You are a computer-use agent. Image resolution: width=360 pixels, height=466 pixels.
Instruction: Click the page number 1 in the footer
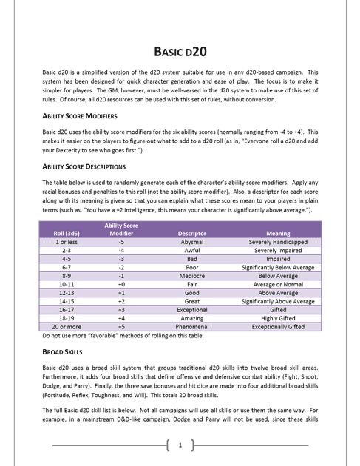coord(180,445)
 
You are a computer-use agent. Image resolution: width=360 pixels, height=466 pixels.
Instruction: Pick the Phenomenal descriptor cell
coord(192,326)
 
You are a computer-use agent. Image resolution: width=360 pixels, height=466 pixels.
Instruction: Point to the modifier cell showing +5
coord(121,326)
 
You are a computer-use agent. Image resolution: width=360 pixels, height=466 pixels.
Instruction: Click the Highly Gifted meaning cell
coord(278,318)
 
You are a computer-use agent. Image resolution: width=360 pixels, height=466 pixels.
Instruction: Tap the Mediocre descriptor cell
coord(192,276)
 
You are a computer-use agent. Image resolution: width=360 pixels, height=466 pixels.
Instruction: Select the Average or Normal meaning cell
coord(278,284)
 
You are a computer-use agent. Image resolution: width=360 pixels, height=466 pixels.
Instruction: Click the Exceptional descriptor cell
coord(192,310)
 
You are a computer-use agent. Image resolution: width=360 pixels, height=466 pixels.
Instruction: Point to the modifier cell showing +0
coord(121,284)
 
